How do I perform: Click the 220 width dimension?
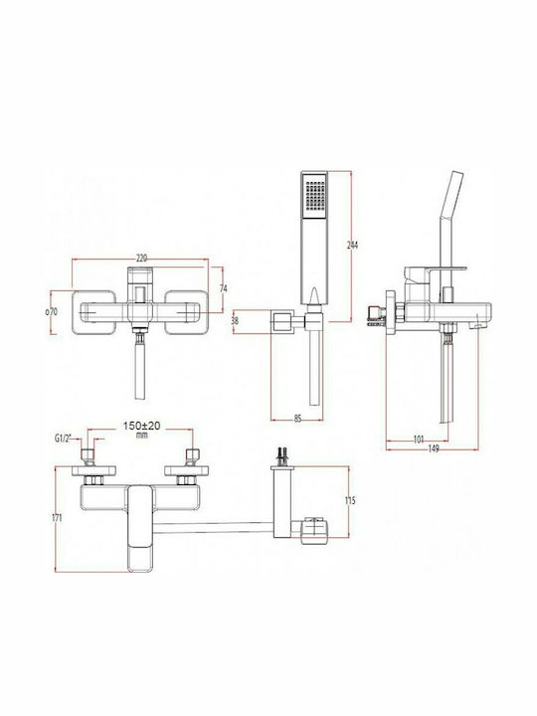click(x=141, y=258)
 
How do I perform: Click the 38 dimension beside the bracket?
click(x=234, y=321)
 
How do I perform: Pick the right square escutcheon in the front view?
click(x=185, y=310)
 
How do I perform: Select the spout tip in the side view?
click(x=476, y=323)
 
